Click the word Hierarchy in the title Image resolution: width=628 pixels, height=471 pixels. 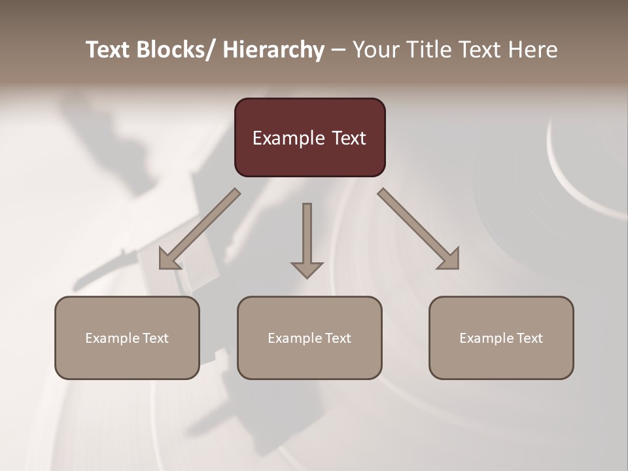click(x=273, y=50)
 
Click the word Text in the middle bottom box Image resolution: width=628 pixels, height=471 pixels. click(x=336, y=338)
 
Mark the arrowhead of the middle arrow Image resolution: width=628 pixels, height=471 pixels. click(x=307, y=270)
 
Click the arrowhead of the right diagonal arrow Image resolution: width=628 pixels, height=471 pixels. click(x=449, y=260)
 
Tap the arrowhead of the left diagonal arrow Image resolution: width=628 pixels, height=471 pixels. click(x=169, y=260)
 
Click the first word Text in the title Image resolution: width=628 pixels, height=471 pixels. click(x=109, y=50)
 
